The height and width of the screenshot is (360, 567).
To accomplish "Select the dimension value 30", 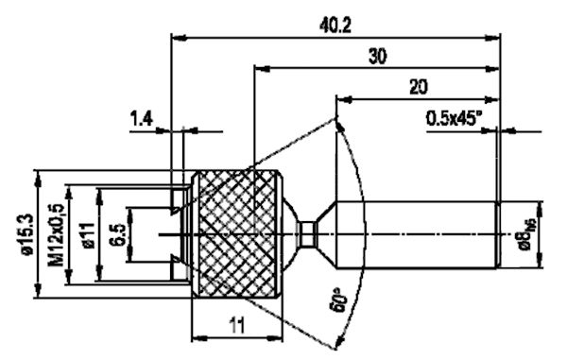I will pos(376,56).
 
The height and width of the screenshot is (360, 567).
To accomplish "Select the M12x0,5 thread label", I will pos(59,230).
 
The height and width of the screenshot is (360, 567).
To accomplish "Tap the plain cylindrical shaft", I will pos(416,231).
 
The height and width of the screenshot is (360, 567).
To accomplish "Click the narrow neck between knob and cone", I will pos(303,231).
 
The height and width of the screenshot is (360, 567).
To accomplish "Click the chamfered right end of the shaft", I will pos(497,231).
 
